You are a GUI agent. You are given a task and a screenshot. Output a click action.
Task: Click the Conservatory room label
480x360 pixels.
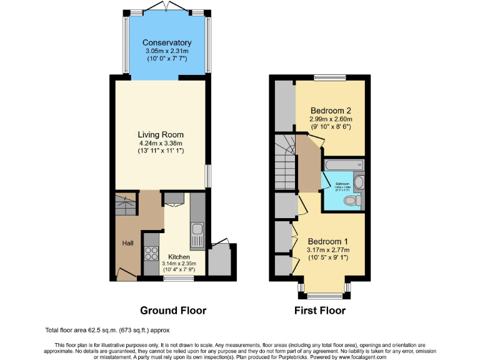point(166,42)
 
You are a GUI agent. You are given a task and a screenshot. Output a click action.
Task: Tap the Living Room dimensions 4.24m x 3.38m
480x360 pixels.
point(161,142)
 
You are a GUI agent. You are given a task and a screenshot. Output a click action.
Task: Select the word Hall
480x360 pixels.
point(127,242)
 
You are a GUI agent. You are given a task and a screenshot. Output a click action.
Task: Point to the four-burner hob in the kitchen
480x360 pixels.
point(152,253)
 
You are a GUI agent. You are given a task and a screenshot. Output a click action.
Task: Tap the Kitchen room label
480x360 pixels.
point(179,256)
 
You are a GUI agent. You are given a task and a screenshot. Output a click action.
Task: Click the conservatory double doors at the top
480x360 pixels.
point(166,6)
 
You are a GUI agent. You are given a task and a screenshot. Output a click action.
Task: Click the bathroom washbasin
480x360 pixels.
point(358,184)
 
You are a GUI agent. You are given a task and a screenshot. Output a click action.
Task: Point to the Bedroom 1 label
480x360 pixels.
point(327,241)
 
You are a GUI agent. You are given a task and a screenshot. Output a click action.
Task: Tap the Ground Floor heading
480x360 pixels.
point(173,311)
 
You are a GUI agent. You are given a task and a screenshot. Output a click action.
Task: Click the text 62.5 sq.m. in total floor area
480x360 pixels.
point(101,330)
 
